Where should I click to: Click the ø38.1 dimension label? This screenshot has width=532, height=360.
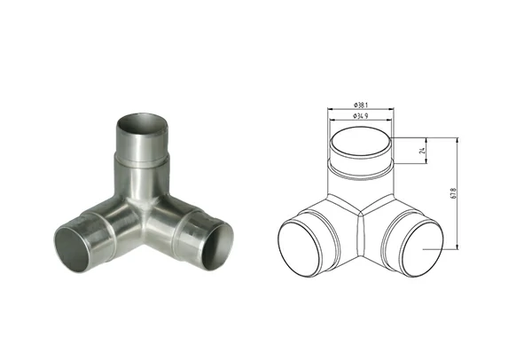(x=359, y=101)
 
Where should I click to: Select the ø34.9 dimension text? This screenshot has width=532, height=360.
(x=359, y=116)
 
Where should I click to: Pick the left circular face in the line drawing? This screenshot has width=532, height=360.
(x=306, y=247)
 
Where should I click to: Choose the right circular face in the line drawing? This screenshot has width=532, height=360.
(x=415, y=246)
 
